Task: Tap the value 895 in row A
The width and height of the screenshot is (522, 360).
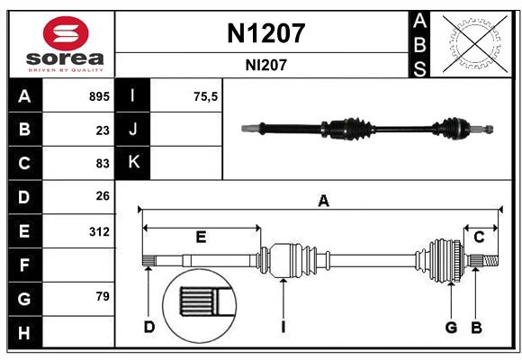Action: point(97,96)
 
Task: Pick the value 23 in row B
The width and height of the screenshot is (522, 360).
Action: point(102,130)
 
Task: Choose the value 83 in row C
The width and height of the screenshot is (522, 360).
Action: point(102,164)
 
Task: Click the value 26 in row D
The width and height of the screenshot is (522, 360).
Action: point(102,196)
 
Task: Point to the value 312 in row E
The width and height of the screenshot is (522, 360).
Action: point(99,231)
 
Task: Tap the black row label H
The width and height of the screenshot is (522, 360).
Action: point(24,333)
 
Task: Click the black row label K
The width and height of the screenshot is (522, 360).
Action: point(134,163)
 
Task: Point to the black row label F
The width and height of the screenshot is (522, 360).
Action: point(24,265)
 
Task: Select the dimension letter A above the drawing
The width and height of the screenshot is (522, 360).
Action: point(323,202)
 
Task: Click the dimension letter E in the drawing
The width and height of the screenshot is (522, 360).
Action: point(201,238)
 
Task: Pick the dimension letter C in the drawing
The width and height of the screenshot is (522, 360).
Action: point(480,237)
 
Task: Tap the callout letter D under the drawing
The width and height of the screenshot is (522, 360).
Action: point(148,327)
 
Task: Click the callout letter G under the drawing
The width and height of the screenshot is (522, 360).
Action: point(451,327)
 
